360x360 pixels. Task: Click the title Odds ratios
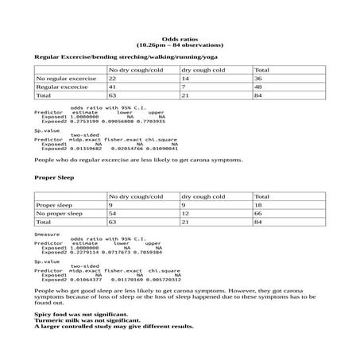pyautogui.click(x=179, y=38)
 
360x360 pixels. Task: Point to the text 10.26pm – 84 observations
pyautogui.click(x=179, y=45)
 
